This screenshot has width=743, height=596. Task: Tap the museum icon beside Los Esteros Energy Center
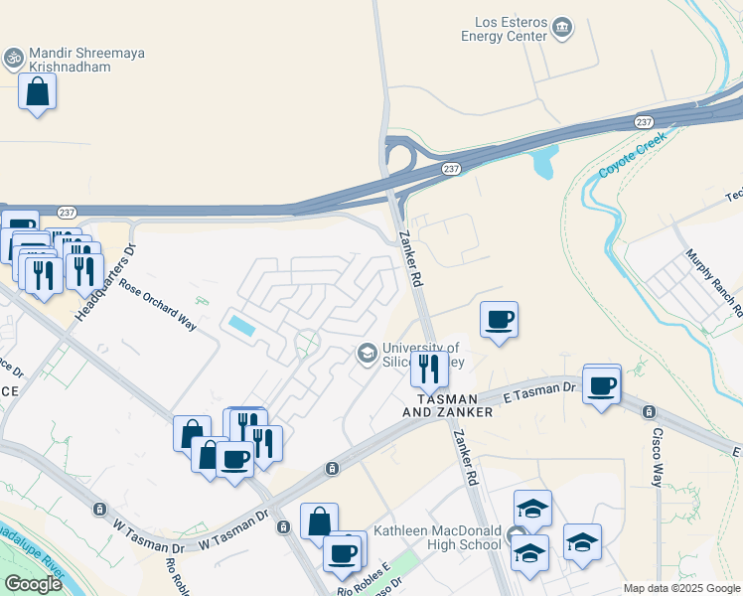[x=563, y=27]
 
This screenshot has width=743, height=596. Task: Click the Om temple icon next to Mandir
[x=14, y=59]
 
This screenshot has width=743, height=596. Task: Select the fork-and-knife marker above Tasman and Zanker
[x=429, y=370]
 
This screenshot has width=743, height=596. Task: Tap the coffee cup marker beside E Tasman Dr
[x=602, y=384]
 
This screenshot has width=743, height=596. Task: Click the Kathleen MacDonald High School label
[x=437, y=537]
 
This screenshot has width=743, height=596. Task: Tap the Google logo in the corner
[x=33, y=584]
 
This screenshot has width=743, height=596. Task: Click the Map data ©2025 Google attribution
[x=680, y=588]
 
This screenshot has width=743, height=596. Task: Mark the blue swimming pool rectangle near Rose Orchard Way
[x=239, y=324]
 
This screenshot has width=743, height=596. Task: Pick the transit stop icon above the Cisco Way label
[x=649, y=411]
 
